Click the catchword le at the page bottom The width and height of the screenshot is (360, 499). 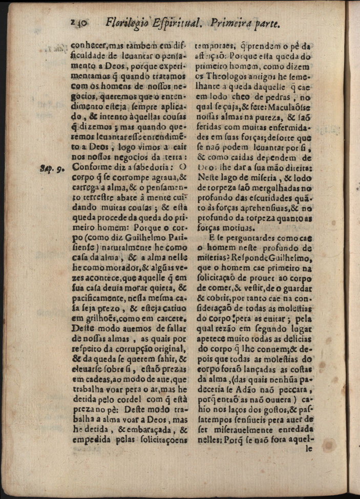[309, 449]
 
